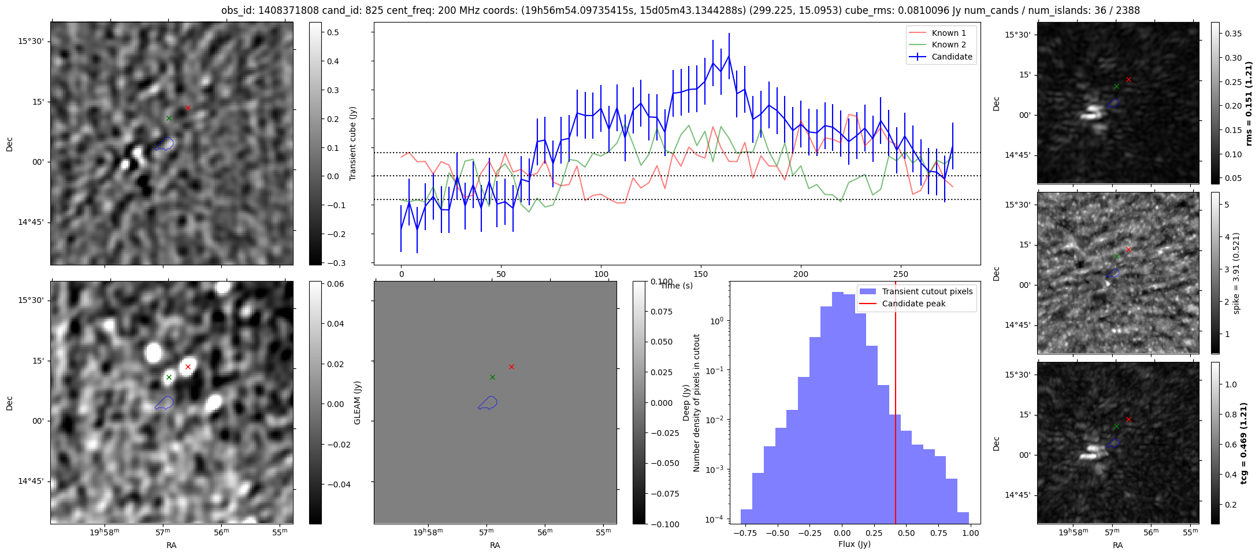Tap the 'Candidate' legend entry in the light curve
(952, 57)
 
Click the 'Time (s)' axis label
(677, 286)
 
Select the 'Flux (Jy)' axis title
(854, 544)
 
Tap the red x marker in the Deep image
(188, 367)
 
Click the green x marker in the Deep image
(169, 377)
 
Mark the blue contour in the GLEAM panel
(488, 403)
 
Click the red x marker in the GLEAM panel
(511, 367)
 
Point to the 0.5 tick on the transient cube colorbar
(316, 33)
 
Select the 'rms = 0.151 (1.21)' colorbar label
(1248, 103)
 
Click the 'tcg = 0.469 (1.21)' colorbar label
(1248, 443)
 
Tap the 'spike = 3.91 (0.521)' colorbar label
(1236, 273)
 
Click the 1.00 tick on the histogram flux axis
(971, 533)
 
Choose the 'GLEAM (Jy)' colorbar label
(357, 402)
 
